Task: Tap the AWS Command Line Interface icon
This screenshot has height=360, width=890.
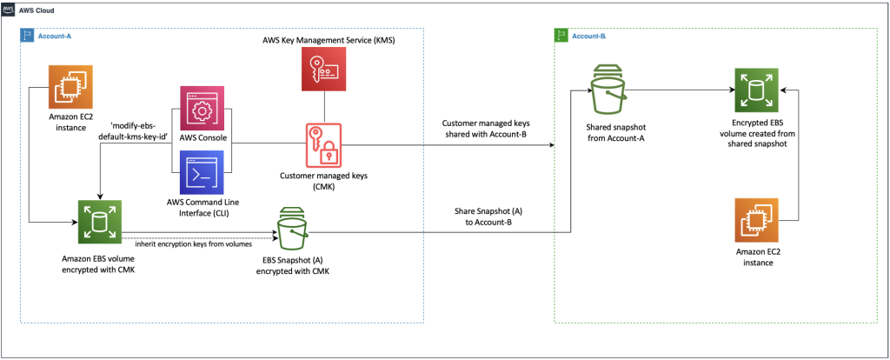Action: tap(202, 171)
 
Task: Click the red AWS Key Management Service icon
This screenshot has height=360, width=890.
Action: tap(323, 70)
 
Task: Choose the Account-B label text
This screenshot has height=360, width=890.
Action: tap(591, 36)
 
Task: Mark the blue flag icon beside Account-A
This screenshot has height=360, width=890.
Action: tap(26, 36)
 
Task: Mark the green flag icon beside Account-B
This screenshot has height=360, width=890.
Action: tap(561, 36)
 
